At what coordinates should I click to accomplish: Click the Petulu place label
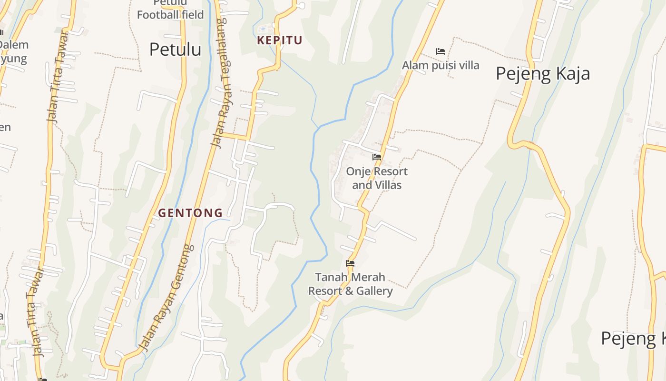coord(175,50)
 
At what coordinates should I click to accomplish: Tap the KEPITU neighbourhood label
coord(280,40)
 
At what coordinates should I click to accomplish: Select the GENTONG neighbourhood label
coord(190,213)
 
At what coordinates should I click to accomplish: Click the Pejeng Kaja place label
coord(543,74)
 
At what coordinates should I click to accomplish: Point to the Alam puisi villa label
coord(441,65)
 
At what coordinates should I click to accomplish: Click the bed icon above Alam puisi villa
coord(441,51)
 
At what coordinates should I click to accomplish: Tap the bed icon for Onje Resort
coord(377,157)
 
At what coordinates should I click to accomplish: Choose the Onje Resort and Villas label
coord(377,178)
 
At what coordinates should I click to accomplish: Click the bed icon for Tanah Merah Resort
coord(350,263)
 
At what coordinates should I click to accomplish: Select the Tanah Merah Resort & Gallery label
coord(351,284)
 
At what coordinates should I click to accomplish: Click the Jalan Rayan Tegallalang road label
coord(219,83)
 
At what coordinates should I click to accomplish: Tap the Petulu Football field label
coord(170,10)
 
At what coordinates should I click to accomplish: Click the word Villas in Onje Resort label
coord(386,185)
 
